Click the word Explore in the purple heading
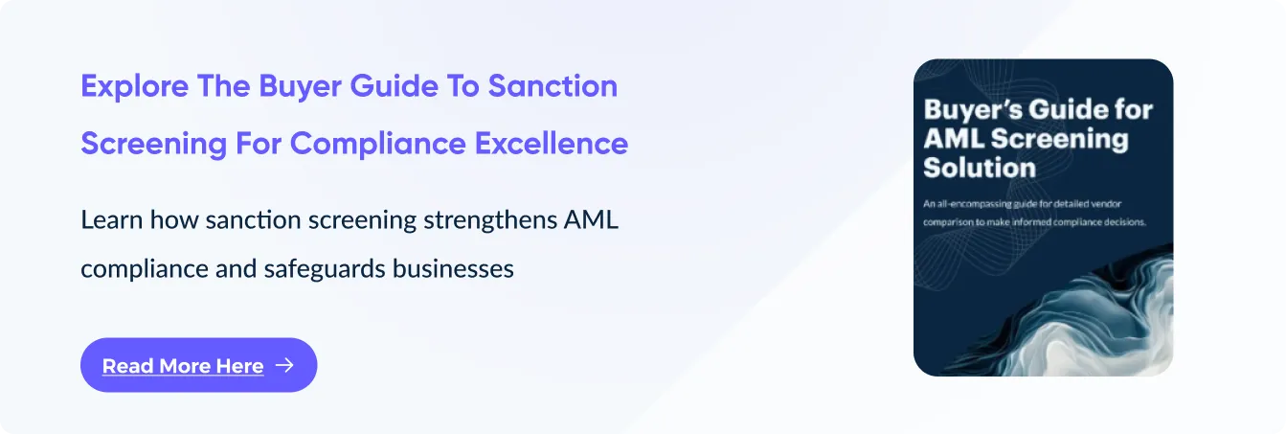click(x=134, y=86)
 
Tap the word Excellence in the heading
click(x=552, y=143)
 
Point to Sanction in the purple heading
click(x=553, y=85)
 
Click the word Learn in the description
click(x=111, y=219)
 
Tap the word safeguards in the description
click(x=325, y=269)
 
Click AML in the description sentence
click(x=591, y=219)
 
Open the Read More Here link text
click(x=183, y=366)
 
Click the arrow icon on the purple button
click(x=284, y=365)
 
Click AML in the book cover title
click(x=954, y=138)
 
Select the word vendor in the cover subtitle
click(x=1105, y=204)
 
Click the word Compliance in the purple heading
click(x=378, y=144)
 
